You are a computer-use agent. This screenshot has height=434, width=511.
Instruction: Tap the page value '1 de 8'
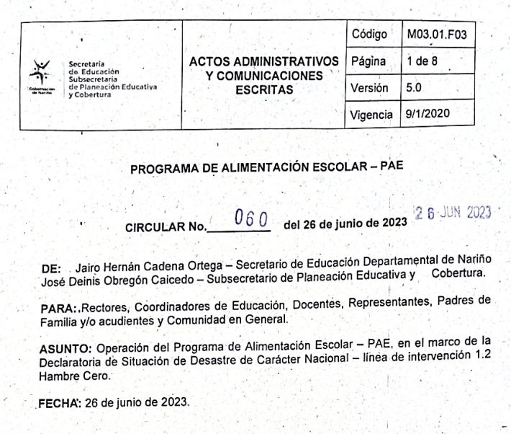tap(421, 62)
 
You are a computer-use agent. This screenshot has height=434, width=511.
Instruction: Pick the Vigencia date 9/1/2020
tap(426, 113)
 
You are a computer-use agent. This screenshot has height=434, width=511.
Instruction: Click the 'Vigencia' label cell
tap(374, 113)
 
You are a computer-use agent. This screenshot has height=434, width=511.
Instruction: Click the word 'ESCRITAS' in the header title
tap(265, 90)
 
